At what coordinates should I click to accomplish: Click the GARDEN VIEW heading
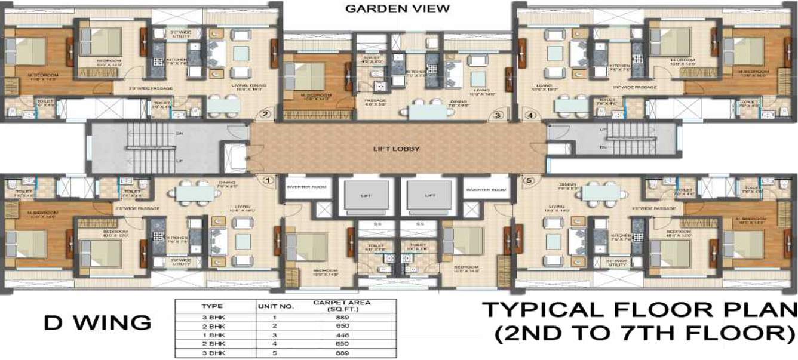coord(397,8)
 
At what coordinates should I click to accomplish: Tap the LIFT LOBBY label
coord(397,149)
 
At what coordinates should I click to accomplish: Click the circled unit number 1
coord(268,179)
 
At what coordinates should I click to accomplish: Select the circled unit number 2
coord(266,115)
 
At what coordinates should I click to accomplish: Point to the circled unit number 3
coord(497,115)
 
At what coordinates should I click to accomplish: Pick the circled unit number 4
coord(529,115)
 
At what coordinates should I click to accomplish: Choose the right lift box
coord(429,195)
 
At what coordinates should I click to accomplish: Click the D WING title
coord(97,323)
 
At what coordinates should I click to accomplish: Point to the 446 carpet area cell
coord(342,335)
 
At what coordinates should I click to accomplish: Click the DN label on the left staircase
coord(179,134)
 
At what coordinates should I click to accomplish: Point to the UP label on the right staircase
coord(604,130)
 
